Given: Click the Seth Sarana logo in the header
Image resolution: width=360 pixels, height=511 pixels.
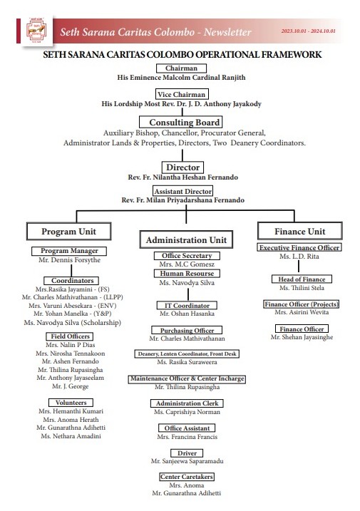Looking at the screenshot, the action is pyautogui.click(x=36, y=31).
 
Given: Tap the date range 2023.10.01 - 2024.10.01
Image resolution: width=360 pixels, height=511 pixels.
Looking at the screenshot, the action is pyautogui.click(x=308, y=31).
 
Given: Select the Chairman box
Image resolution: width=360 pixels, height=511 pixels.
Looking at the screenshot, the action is pyautogui.click(x=181, y=68).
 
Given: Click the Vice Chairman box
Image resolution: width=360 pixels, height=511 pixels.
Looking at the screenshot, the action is pyautogui.click(x=182, y=95).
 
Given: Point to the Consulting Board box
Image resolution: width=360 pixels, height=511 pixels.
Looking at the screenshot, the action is pyautogui.click(x=181, y=122).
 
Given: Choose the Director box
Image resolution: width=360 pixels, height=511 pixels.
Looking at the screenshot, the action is pyautogui.click(x=182, y=167).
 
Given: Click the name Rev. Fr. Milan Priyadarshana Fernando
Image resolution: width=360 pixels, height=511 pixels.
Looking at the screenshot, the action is pyautogui.click(x=183, y=200).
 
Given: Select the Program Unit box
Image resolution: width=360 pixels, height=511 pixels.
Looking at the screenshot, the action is pyautogui.click(x=69, y=232).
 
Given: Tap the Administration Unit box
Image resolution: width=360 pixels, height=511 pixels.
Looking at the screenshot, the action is pyautogui.click(x=186, y=240).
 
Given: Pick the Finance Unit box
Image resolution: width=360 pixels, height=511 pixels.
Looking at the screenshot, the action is pyautogui.click(x=300, y=231).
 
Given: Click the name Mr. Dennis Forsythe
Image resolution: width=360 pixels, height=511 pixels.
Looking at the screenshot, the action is pyautogui.click(x=69, y=260).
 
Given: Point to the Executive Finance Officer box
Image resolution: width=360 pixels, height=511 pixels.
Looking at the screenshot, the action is pyautogui.click(x=299, y=248).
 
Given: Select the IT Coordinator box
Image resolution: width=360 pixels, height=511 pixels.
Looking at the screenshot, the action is pyautogui.click(x=187, y=305).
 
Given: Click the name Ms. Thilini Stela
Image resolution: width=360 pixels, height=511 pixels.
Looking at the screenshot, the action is pyautogui.click(x=302, y=288).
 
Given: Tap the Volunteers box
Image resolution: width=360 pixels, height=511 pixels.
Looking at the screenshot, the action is pyautogui.click(x=71, y=403).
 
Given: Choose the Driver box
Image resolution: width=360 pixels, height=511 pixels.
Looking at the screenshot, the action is pyautogui.click(x=187, y=453).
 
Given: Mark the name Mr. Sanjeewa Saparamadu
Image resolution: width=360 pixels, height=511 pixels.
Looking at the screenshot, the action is pyautogui.click(x=187, y=461).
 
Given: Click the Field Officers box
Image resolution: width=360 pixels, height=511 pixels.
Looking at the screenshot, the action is pyautogui.click(x=70, y=336).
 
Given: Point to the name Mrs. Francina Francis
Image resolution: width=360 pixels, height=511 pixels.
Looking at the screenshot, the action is pyautogui.click(x=187, y=437).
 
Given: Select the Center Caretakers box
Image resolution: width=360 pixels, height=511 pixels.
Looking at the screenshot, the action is pyautogui.click(x=187, y=477).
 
